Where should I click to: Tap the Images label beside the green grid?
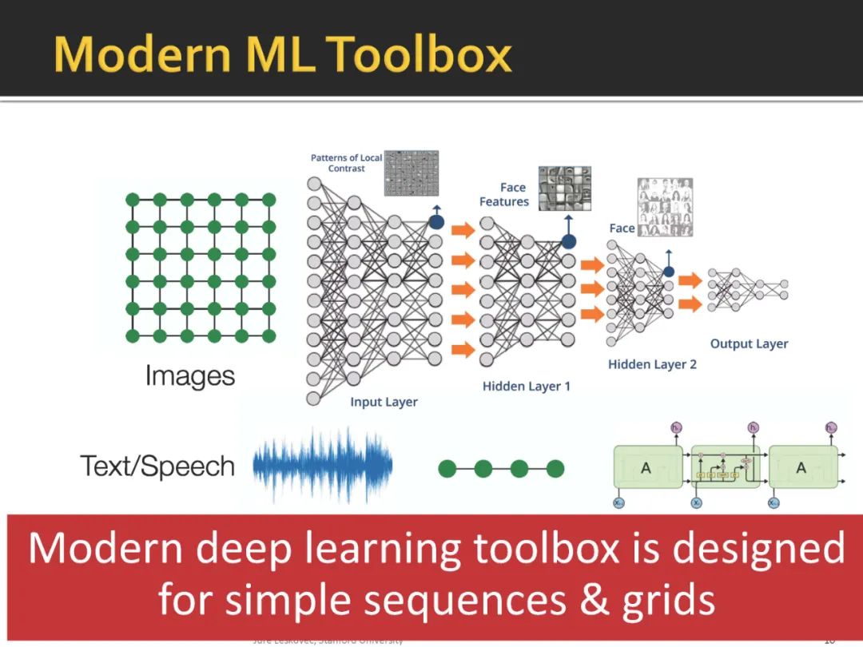(x=190, y=375)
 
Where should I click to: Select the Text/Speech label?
(x=157, y=466)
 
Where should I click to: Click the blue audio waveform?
(x=323, y=467)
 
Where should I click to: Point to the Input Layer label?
(x=384, y=402)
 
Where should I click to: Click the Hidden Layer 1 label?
(x=527, y=386)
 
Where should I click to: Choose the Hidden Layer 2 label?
(x=652, y=364)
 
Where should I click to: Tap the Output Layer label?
(x=749, y=343)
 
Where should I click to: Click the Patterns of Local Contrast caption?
(x=346, y=163)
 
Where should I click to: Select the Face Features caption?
(x=504, y=195)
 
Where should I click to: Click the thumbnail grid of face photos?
(x=665, y=207)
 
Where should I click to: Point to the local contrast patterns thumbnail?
(x=412, y=173)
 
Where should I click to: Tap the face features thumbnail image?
(x=564, y=189)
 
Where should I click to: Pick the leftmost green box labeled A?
(x=646, y=468)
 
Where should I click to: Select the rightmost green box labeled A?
(x=801, y=468)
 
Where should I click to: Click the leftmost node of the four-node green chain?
(x=447, y=469)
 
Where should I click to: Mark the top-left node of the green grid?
(x=133, y=200)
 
